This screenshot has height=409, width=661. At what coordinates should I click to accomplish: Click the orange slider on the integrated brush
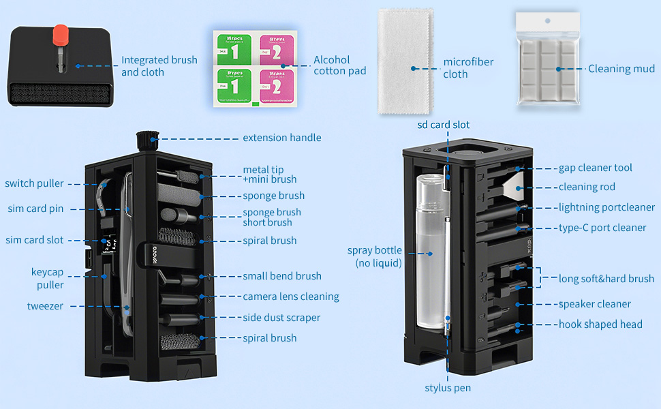coord(61,33)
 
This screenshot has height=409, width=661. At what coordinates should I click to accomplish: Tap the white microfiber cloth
coord(408,63)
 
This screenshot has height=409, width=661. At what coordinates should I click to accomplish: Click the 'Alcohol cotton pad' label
coord(340,65)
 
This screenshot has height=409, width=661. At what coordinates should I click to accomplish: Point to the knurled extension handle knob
coord(147,140)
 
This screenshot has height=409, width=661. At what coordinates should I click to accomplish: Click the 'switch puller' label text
coord(34,183)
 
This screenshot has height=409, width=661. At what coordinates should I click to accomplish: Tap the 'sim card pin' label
coord(35,209)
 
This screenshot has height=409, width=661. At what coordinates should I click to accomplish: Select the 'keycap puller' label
coord(47,278)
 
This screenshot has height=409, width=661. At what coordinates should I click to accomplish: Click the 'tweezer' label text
coord(45,306)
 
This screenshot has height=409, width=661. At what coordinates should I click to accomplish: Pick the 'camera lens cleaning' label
coord(291,297)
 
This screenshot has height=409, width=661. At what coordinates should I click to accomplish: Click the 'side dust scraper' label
coord(281,318)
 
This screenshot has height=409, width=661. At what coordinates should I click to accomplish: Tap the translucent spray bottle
coord(429,252)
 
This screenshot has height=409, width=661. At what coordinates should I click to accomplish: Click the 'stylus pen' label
coord(448,388)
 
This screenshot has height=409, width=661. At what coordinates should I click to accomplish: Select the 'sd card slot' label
coord(444,125)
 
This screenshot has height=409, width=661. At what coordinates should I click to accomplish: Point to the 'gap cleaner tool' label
coord(596,168)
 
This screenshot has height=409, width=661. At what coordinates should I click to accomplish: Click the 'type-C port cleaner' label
coord(602,228)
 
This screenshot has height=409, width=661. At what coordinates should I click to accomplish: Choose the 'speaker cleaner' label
coord(595,304)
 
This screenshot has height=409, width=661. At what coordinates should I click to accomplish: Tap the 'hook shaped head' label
coord(600,324)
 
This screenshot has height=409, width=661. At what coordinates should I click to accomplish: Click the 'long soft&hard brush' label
coord(606,278)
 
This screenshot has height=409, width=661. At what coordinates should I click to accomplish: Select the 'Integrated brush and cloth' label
coord(159,66)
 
